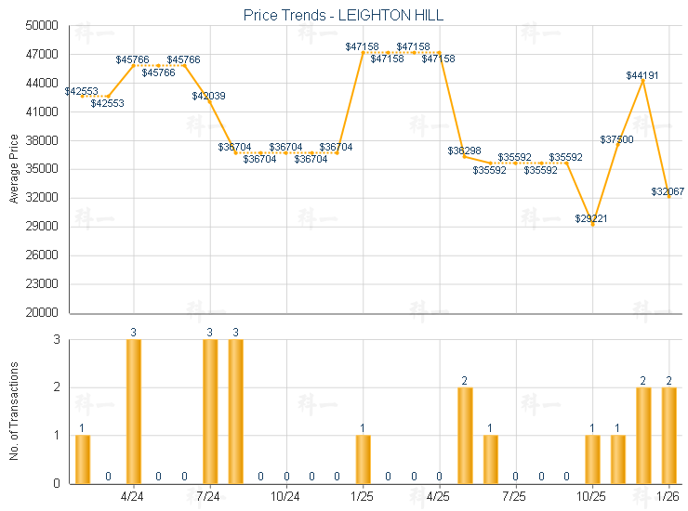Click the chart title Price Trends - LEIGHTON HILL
tap(344, 15)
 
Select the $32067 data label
tap(668, 191)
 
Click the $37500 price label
tap(616, 139)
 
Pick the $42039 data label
tap(208, 96)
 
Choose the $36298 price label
tap(464, 151)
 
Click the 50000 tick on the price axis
tap(44, 26)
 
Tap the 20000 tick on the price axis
tap(44, 313)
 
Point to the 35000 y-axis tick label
tap(44, 169)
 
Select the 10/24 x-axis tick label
tap(285, 497)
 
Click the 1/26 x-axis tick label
tap(668, 497)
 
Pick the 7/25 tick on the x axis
tap(515, 497)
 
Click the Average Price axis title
tap(14, 169)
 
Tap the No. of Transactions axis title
tap(14, 411)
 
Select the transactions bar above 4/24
tap(134, 412)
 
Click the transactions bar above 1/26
tap(668, 435)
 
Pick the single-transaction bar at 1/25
tap(363, 459)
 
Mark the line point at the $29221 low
tap(592, 224)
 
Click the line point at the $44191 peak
tap(643, 81)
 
